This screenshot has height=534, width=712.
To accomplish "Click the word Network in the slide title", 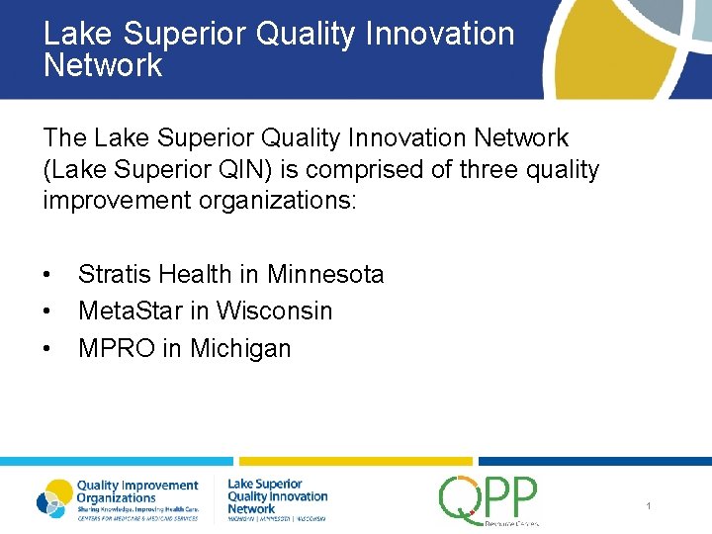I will [103, 66].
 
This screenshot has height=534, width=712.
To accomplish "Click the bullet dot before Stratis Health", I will [47, 274].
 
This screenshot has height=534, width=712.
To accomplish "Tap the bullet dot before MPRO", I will [47, 348].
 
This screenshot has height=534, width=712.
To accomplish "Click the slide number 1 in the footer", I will [649, 506].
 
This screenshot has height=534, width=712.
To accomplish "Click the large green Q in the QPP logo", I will [461, 498].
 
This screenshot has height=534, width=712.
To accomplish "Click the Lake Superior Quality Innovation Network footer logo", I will [277, 499].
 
